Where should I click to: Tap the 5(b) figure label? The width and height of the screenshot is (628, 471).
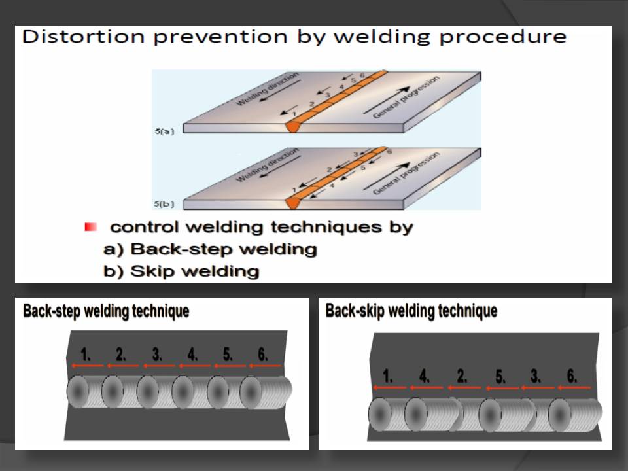[166, 205]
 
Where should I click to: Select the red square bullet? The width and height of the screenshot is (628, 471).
[91, 227]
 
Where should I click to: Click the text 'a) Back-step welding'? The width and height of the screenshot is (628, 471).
[210, 249]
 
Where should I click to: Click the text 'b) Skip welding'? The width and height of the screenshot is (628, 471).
[181, 271]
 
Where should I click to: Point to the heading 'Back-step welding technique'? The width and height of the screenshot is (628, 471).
[105, 311]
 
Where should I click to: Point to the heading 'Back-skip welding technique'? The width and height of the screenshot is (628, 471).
[411, 311]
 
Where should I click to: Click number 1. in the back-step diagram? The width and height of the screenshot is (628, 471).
[86, 355]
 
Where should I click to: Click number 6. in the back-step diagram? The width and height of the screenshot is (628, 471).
[263, 355]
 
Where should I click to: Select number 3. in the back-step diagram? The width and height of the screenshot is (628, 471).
[157, 355]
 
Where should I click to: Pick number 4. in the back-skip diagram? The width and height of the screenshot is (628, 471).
[425, 376]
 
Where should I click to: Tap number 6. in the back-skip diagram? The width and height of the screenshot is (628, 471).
[572, 376]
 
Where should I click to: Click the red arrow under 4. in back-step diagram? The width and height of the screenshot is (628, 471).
[194, 366]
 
